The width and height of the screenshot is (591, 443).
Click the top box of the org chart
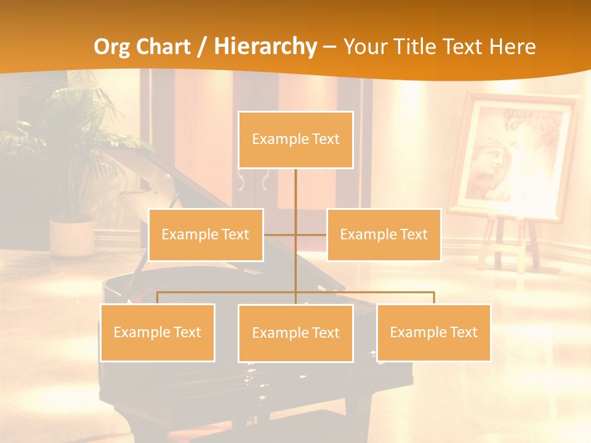coord(295,140)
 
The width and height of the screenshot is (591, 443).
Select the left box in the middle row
coord(206,234)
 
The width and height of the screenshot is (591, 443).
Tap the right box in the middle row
coord(384,234)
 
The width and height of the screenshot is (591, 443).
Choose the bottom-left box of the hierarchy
coord(157,332)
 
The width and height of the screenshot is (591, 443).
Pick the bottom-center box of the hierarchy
coord(295,333)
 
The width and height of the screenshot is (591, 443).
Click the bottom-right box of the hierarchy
coord(433,332)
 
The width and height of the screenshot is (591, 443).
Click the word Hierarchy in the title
coord(266,47)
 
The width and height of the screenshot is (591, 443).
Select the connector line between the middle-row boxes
coord(295,234)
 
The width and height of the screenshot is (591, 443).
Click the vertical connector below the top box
coord(295,191)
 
